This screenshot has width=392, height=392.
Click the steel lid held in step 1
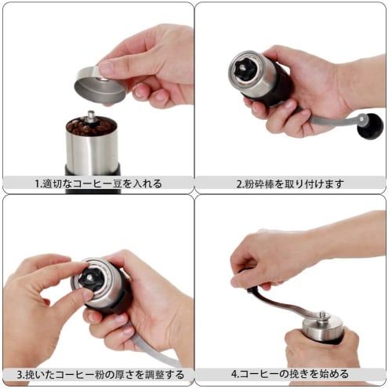click(x=100, y=85)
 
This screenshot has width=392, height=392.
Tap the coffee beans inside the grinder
click(x=89, y=126)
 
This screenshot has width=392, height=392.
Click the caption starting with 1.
click(x=98, y=183)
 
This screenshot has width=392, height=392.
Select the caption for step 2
click(x=290, y=183)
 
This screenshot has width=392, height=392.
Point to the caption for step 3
click(x=98, y=374)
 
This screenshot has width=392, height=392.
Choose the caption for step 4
click(x=290, y=374)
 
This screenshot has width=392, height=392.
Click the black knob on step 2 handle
click(x=369, y=125)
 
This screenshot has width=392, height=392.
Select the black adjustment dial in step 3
click(x=93, y=278)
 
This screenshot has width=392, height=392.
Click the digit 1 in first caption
click(x=37, y=183)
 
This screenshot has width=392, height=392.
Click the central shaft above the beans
click(x=91, y=116)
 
